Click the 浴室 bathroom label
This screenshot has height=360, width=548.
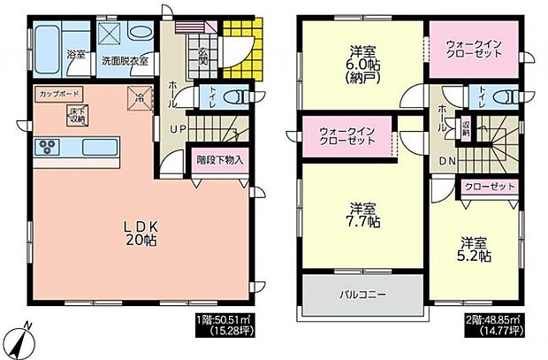point(76,55)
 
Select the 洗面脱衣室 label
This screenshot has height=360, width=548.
point(124,62)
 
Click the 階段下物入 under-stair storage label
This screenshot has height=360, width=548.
point(218,162)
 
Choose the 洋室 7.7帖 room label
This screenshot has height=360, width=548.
point(363,216)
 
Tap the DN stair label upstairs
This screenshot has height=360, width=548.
point(447,161)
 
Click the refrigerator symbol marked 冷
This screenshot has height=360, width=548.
point(140,98)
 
